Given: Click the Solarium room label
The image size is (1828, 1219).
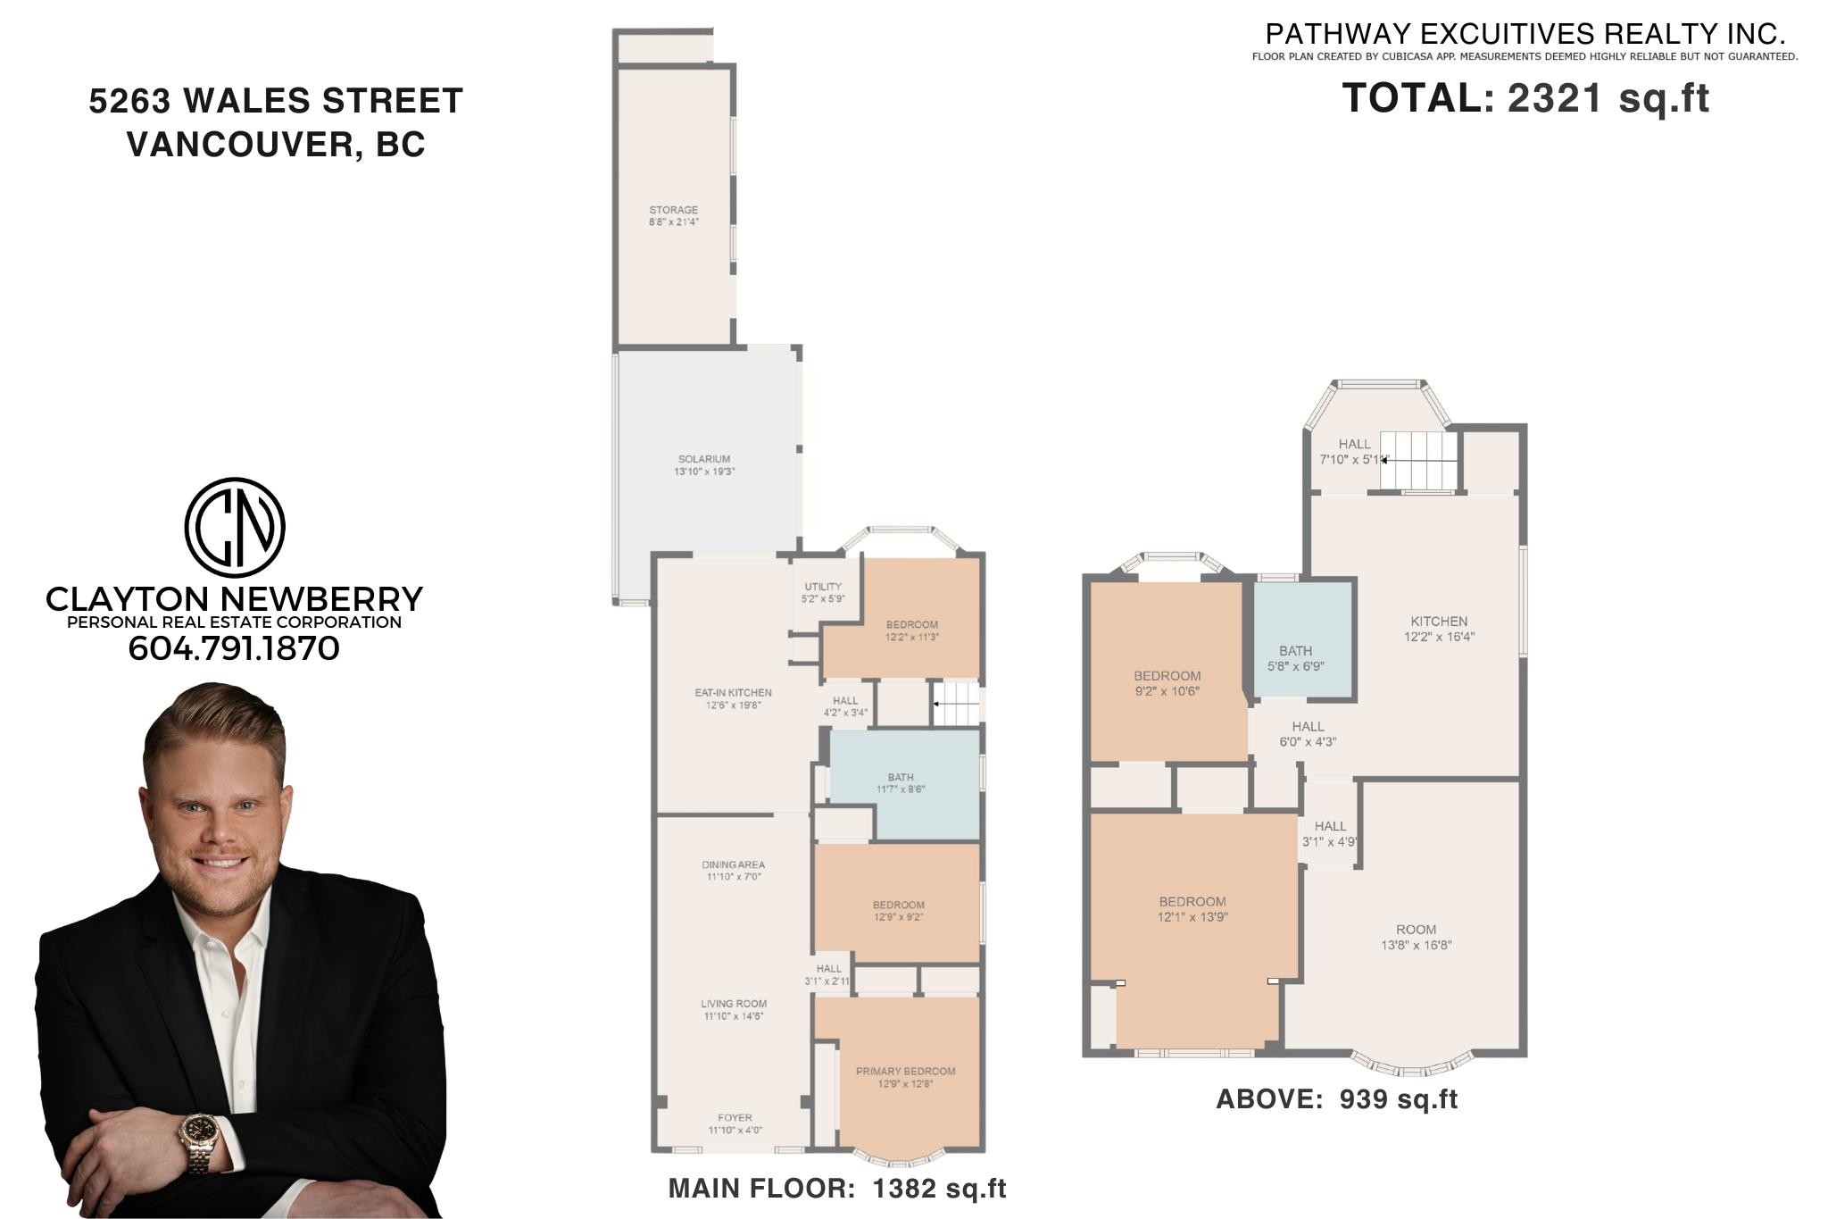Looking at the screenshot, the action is pos(704,459).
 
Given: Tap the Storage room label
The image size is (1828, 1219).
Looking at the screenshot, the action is pos(674,210).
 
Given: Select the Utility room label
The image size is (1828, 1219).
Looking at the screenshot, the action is pos(823,587).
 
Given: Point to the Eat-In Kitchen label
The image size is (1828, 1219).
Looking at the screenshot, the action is pos(733,692).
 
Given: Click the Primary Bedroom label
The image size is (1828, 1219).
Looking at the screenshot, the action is pos(905,1071).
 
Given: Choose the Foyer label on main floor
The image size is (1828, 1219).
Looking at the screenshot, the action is pos(735,1117).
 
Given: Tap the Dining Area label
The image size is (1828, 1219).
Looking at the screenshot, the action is pos(733,864).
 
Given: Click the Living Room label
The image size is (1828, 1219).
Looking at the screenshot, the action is pos(734,1004).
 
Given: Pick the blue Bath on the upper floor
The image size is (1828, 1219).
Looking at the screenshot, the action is pos(1304,639).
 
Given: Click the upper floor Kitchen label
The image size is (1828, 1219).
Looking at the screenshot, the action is pos(1439,622).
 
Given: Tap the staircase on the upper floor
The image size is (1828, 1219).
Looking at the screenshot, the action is pos(1419,461).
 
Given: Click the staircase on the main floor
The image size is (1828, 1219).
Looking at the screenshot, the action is pos(956,704).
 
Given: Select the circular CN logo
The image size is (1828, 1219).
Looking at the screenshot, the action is pos(235,527).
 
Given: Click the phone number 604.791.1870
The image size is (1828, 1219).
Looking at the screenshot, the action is pos(234,648).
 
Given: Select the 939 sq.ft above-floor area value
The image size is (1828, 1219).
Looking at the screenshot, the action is pos(1399,1099).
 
